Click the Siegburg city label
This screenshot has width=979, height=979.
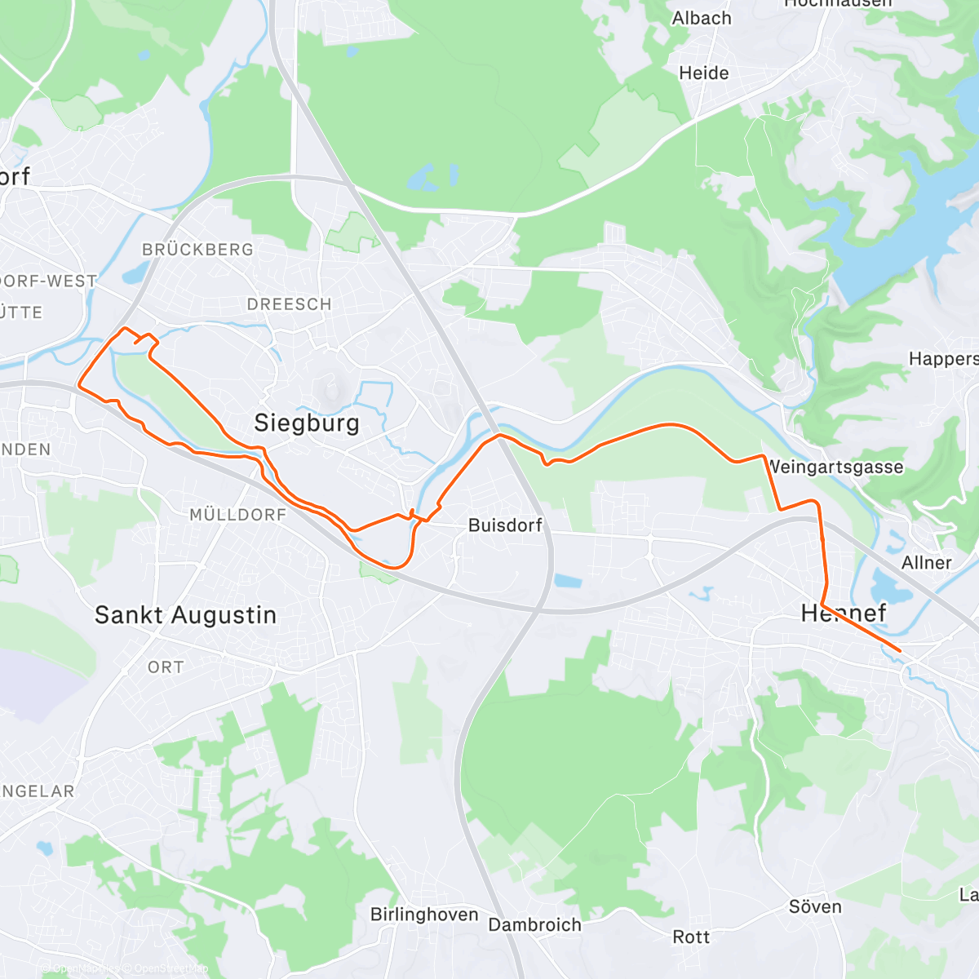pos(306,423)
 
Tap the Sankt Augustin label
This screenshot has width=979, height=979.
pos(185,615)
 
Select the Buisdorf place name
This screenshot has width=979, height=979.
pos(505,525)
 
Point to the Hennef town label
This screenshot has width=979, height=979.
pos(844,614)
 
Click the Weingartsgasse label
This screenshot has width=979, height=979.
pos(835,467)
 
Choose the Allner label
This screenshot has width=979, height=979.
pos(926,563)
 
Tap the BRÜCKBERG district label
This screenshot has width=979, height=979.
pos(197,250)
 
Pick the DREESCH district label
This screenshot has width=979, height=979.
pos(289,304)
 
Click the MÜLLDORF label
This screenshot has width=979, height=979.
pos(237,515)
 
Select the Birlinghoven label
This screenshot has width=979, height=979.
pos(424,915)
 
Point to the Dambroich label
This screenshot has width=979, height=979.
pos(534,925)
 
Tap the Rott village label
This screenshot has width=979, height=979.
pos(690,937)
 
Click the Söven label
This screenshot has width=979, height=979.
pos(814,907)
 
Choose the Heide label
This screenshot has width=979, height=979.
pos(703,73)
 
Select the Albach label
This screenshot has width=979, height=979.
pos(701,18)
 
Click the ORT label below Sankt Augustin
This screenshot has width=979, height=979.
pos(166,667)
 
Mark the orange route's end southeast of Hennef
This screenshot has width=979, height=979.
pos(899,650)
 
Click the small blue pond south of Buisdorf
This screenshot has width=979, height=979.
pos(569,582)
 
